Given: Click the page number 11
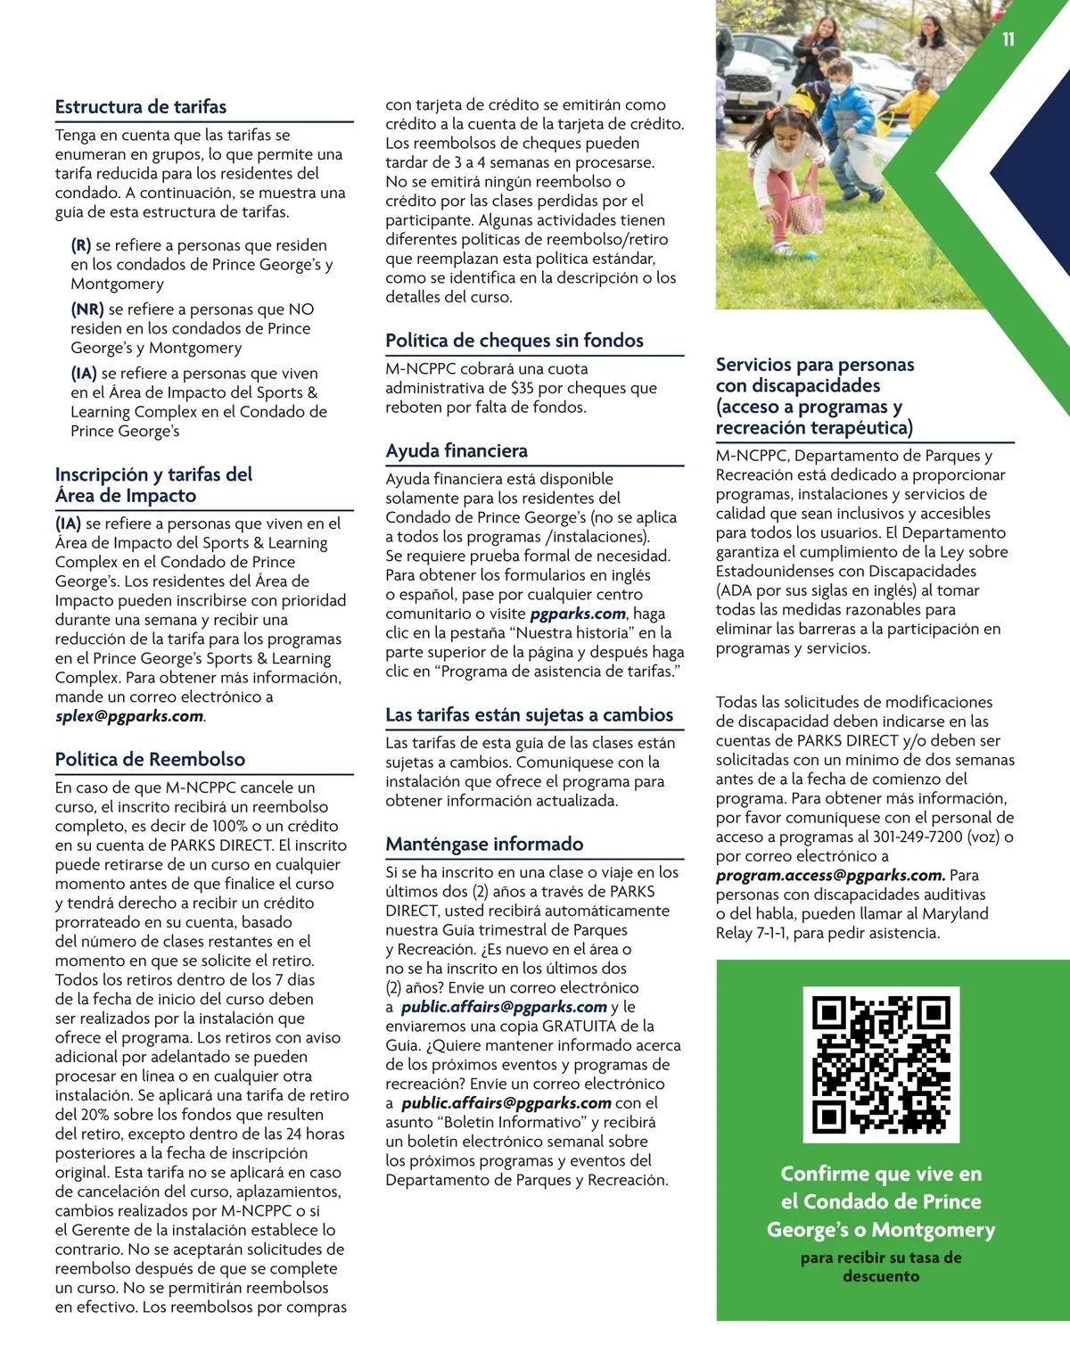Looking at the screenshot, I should point(1008,39).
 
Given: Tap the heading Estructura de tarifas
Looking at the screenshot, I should point(141,107).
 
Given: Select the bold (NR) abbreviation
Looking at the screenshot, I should point(87,309).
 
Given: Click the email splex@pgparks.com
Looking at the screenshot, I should point(129,716).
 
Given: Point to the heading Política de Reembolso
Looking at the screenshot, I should point(150,760).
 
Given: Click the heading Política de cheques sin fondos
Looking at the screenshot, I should point(514,341).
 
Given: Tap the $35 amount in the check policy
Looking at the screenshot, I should point(523,388).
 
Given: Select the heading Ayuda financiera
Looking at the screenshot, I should point(457,451).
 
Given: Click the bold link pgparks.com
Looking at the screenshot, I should point(578,614).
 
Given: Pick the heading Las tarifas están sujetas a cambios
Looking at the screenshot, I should point(529,715).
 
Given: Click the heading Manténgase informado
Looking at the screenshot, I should point(484,845).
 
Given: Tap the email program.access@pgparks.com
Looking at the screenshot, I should point(829,876).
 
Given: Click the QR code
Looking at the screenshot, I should point(881,1065).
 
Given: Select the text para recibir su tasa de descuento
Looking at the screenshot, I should point(881,1267).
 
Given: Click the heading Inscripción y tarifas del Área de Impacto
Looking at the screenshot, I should point(153,485).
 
